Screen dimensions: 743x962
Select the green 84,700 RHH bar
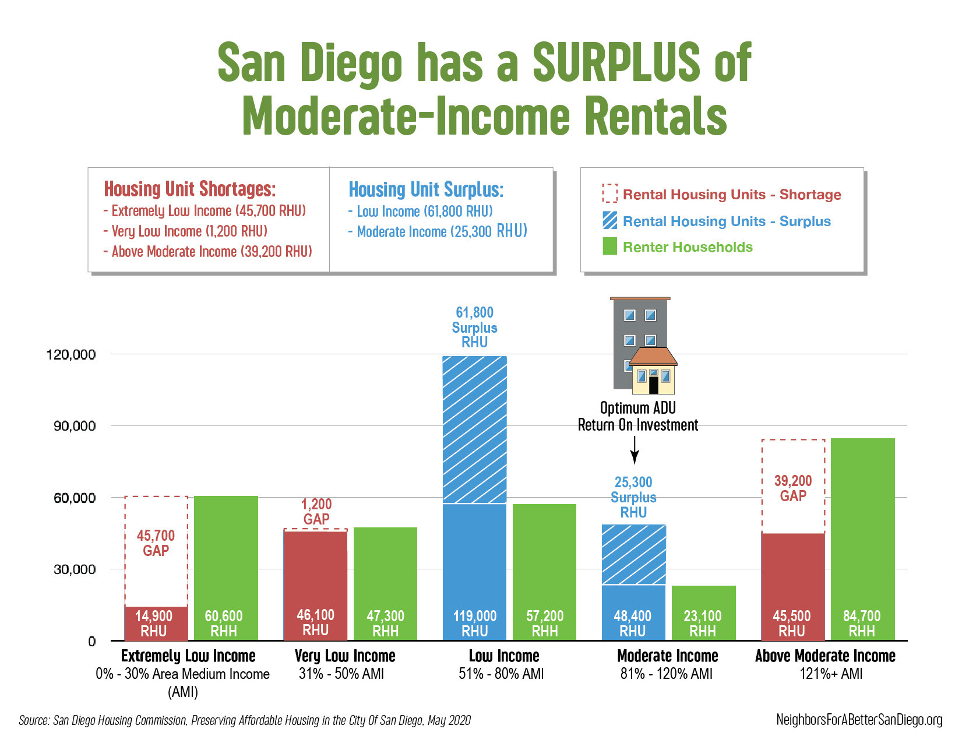click(x=862, y=539)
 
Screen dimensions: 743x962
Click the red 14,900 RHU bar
click(x=156, y=624)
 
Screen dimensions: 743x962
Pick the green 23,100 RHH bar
click(x=703, y=612)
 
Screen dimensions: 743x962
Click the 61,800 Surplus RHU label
click(x=475, y=328)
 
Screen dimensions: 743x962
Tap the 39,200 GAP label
click(x=793, y=488)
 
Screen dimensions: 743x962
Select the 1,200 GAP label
click(x=316, y=512)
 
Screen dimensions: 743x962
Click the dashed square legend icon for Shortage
click(x=609, y=193)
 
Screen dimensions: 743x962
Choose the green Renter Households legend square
click(x=609, y=247)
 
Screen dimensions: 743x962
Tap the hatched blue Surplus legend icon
click(x=609, y=220)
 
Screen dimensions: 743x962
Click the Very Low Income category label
click(x=345, y=656)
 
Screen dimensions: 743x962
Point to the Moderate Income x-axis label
click(x=667, y=656)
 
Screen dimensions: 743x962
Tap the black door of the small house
click(x=653, y=385)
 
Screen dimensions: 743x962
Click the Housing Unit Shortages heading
click(x=189, y=189)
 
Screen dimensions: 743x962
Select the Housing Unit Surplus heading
click(x=426, y=189)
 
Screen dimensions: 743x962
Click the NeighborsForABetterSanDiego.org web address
click(x=859, y=720)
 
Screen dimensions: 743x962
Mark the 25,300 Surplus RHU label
click(x=633, y=497)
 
